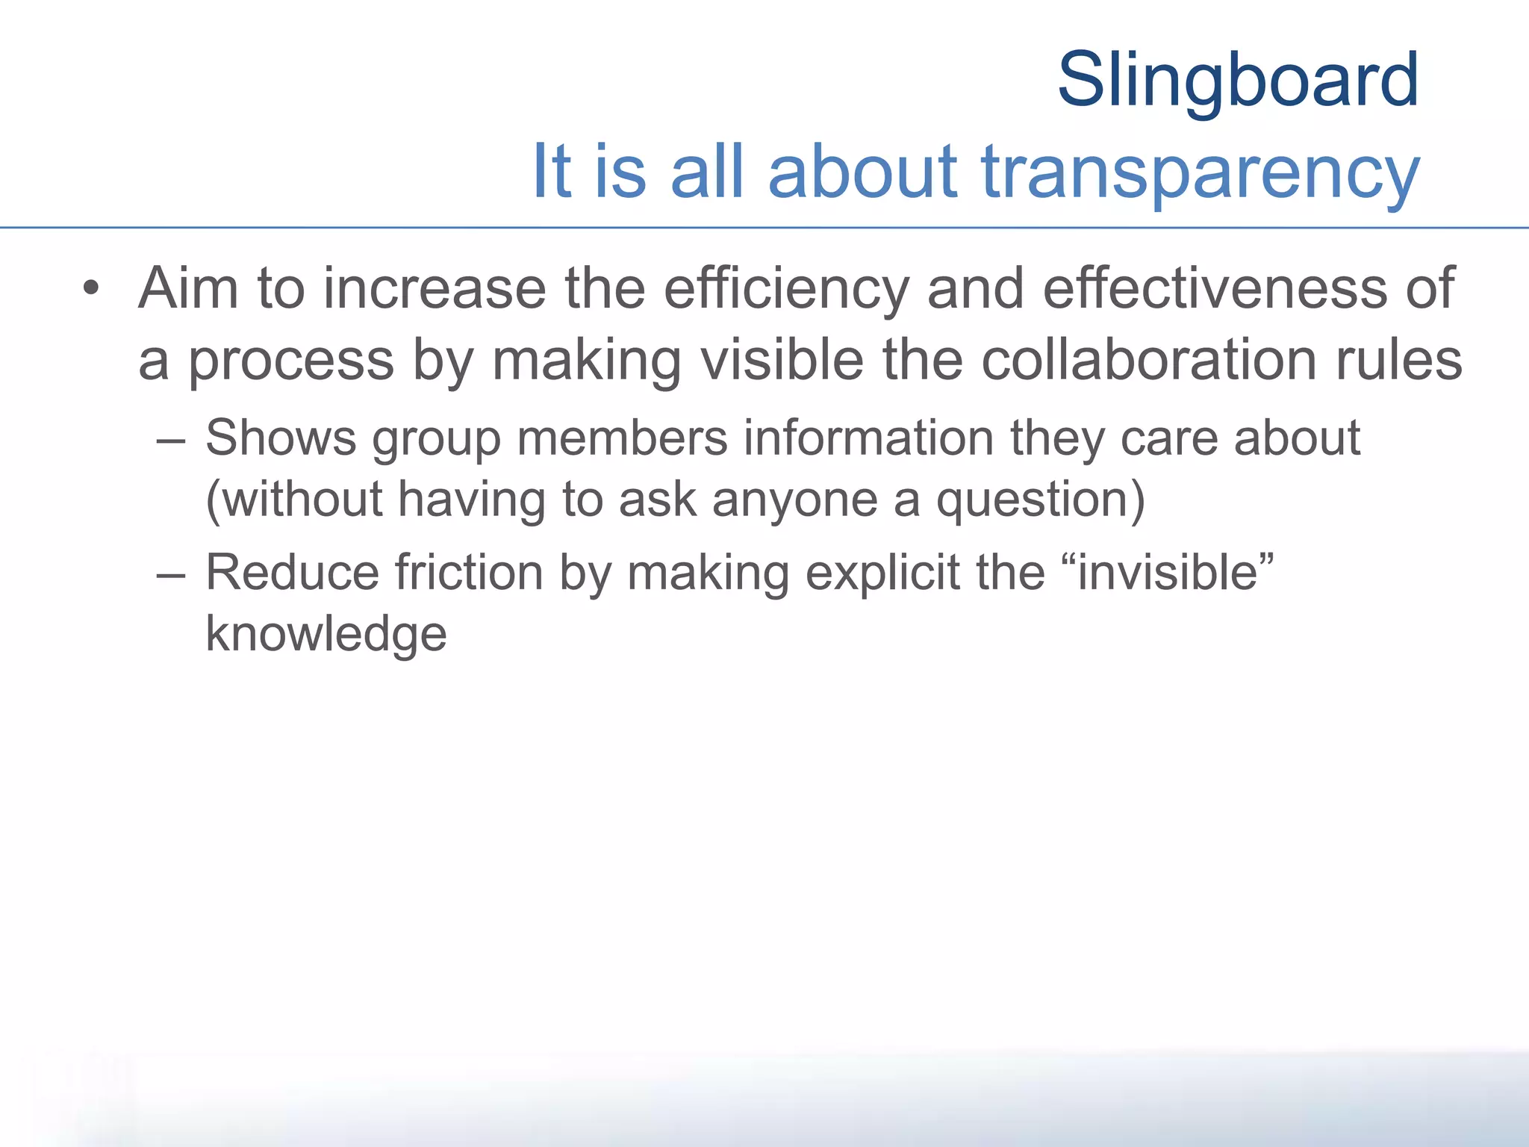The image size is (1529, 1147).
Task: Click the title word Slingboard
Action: [x=1238, y=80]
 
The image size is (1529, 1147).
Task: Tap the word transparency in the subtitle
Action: [x=1200, y=173]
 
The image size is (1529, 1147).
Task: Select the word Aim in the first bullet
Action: [x=188, y=288]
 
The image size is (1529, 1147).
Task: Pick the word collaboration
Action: [x=1148, y=361]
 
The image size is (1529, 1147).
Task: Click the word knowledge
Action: [x=326, y=635]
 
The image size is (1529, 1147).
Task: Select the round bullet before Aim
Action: [x=91, y=288]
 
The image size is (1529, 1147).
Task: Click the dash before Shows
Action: [x=171, y=440]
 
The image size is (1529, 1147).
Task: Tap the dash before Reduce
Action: [x=171, y=575]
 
